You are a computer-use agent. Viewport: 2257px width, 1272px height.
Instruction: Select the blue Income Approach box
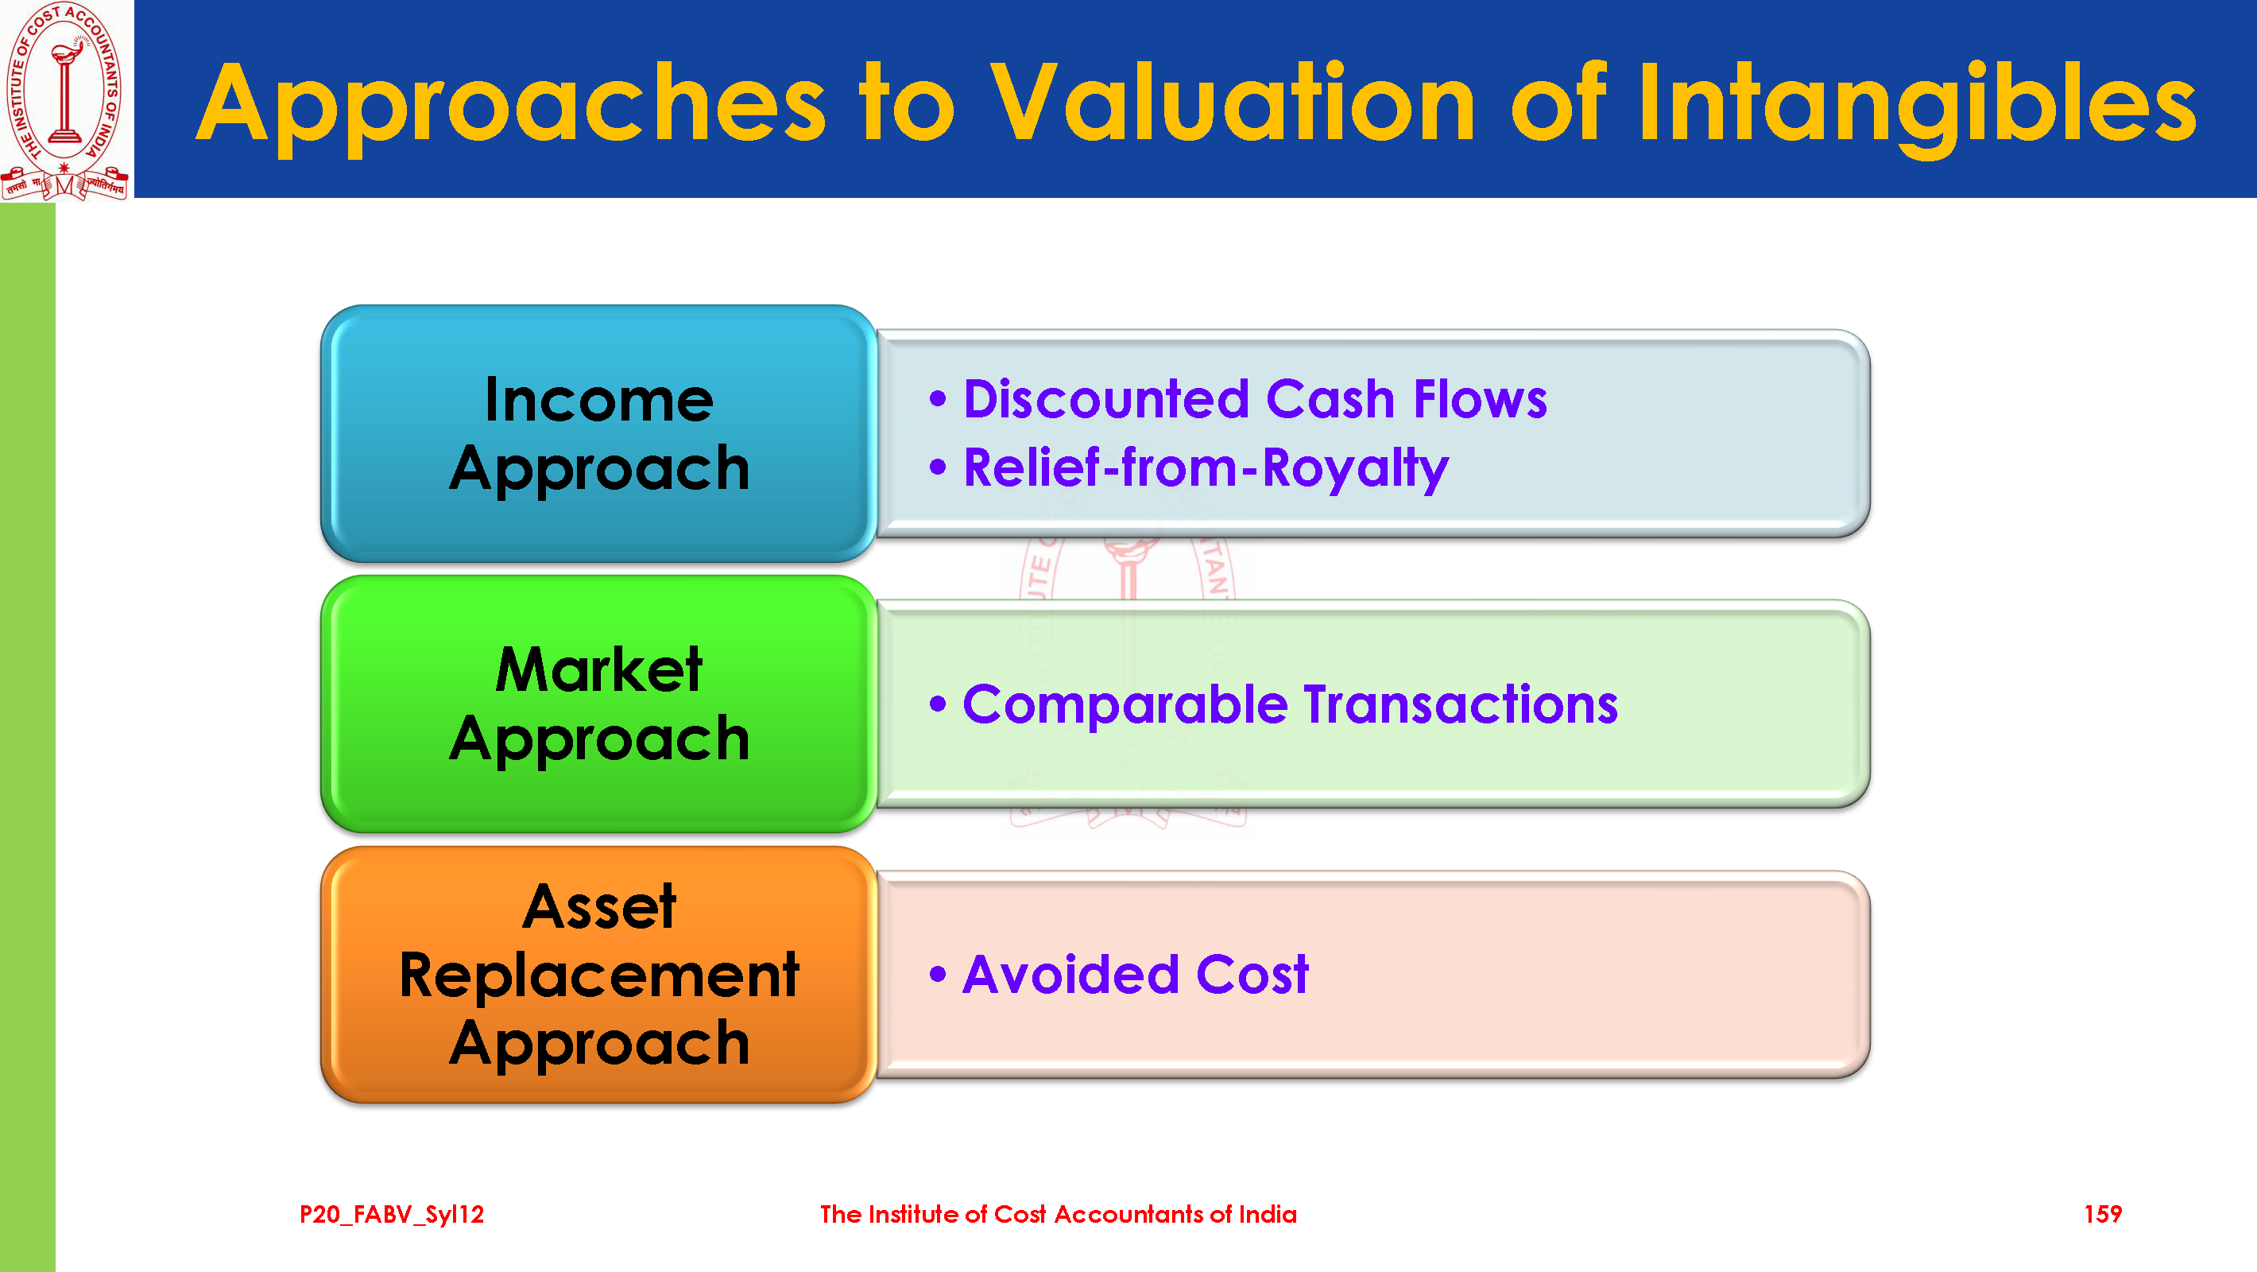point(599,434)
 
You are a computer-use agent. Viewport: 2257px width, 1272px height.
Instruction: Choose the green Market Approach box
point(599,704)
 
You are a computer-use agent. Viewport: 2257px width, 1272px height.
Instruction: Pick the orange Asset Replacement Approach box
point(599,975)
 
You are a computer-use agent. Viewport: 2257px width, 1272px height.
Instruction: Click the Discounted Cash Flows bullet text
point(1255,399)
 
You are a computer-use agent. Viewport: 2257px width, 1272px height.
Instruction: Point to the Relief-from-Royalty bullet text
point(1206,468)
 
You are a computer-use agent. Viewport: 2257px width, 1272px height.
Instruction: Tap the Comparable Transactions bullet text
point(1290,705)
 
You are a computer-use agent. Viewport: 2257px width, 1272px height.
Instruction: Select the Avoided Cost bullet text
point(1136,975)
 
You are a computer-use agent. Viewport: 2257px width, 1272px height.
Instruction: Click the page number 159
point(2103,1214)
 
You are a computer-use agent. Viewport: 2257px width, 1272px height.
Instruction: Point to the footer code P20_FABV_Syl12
point(392,1215)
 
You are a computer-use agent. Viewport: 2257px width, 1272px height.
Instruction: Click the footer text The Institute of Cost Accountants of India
point(1059,1214)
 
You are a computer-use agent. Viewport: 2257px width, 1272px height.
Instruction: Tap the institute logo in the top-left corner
point(65,100)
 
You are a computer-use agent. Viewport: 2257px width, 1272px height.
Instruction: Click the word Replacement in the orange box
point(599,975)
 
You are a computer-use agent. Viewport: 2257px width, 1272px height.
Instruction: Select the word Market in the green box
point(599,669)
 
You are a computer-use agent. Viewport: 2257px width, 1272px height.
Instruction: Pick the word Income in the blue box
point(599,401)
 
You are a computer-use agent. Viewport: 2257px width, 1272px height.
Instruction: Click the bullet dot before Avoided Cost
point(939,974)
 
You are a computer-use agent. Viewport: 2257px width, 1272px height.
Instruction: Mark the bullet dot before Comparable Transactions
point(939,704)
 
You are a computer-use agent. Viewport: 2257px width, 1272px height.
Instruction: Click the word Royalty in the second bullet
point(1356,470)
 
